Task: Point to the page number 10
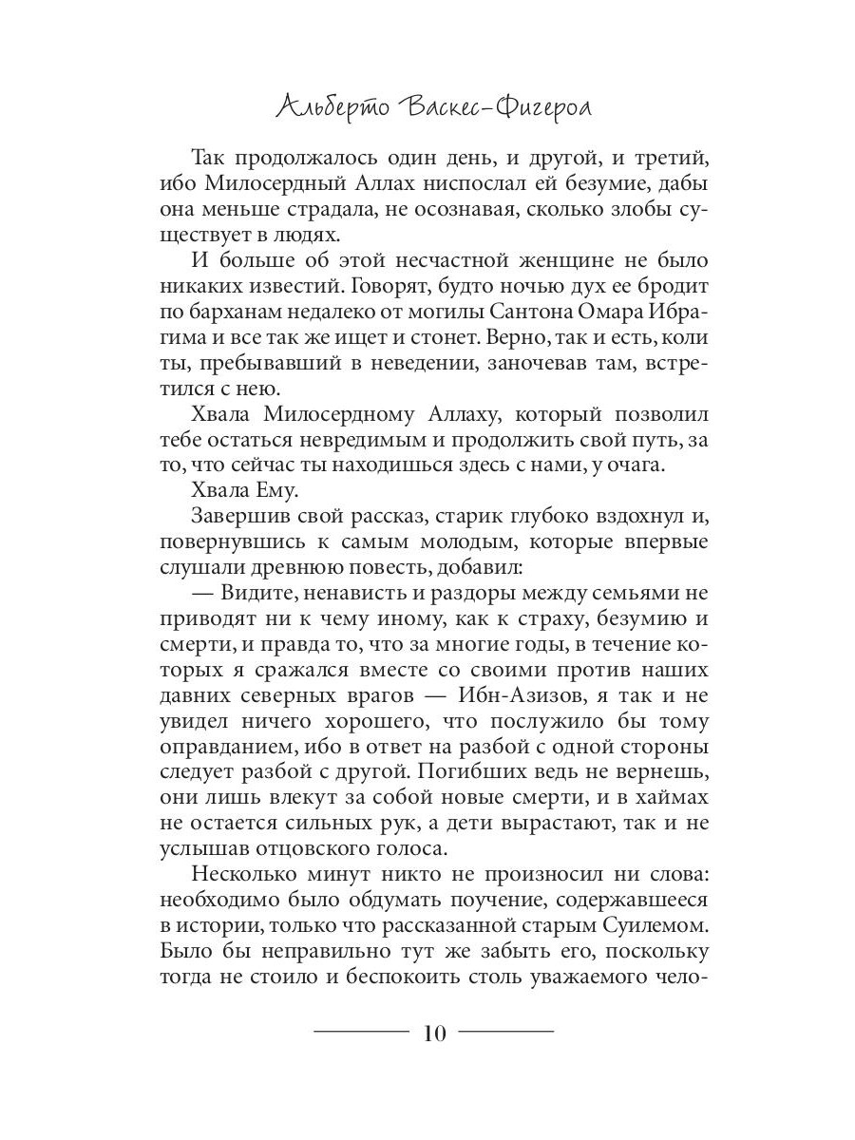[433, 1033]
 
